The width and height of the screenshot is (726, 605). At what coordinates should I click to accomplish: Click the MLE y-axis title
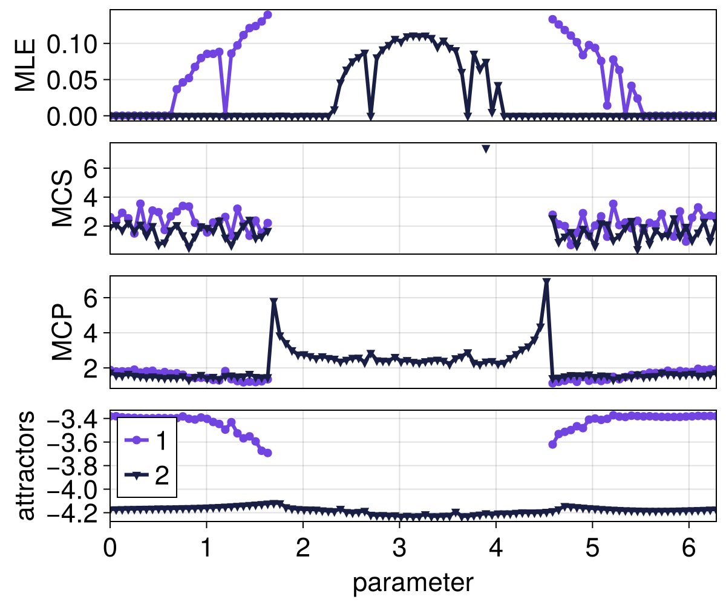(25, 65)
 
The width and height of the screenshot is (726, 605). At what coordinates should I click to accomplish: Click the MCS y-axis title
(63, 198)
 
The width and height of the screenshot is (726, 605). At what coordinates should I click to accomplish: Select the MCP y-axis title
(63, 332)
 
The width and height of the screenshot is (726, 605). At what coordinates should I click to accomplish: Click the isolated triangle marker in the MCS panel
(485, 149)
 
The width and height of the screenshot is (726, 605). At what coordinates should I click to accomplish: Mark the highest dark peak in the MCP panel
(546, 282)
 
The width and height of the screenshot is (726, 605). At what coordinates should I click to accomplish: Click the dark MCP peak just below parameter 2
(273, 301)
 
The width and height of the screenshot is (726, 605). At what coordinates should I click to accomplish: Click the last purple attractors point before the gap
(267, 453)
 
